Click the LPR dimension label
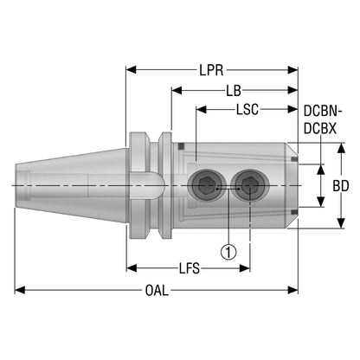211,70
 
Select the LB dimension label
234,91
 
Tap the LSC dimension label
247,110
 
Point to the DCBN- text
323,112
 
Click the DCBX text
320,128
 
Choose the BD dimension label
341,186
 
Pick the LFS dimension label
190,268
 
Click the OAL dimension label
157,291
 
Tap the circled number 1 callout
228,252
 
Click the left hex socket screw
205,185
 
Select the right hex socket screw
250,185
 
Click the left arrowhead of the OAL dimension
20,290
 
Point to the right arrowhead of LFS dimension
245,268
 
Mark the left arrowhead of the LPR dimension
131,70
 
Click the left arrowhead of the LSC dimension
202,109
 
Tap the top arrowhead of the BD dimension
341,148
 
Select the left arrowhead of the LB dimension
177,90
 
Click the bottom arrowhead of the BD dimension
341,223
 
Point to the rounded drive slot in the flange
146,185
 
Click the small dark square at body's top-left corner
181,146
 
